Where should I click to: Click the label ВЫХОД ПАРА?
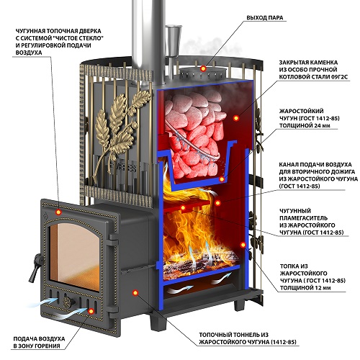click(x=265, y=18)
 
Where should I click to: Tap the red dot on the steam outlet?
click(x=203, y=68)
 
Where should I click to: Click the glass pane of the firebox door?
click(x=74, y=258)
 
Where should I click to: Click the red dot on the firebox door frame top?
click(x=58, y=212)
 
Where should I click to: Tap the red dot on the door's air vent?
click(x=91, y=311)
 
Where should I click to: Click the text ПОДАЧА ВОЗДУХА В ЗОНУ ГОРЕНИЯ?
click(x=39, y=342)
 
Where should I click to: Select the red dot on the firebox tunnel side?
click(x=135, y=292)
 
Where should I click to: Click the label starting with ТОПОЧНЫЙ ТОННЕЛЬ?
click(x=248, y=338)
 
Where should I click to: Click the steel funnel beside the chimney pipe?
click(x=173, y=41)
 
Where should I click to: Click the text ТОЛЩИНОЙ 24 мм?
click(x=305, y=125)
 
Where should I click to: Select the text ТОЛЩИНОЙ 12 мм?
click(x=305, y=288)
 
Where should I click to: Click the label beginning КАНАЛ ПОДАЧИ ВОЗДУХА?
click(x=318, y=175)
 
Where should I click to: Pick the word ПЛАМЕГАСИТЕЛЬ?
click(x=303, y=218)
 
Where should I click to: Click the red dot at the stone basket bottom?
click(x=222, y=179)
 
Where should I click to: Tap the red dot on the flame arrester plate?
click(x=183, y=207)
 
